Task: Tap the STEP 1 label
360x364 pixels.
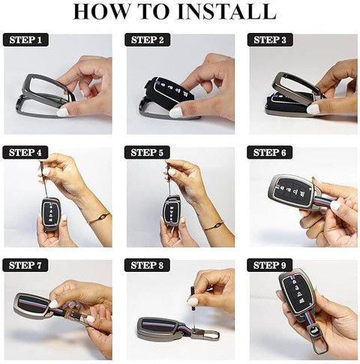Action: (x=25, y=40)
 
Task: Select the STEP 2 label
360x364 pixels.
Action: (x=148, y=40)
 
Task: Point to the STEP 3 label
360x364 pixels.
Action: (x=270, y=40)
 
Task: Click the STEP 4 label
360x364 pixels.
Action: (x=25, y=153)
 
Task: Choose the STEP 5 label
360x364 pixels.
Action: (x=147, y=153)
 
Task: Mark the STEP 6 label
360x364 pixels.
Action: (x=270, y=153)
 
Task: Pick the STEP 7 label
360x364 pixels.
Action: (x=25, y=265)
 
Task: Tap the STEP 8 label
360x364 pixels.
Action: (x=147, y=265)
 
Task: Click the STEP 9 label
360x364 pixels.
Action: (x=270, y=265)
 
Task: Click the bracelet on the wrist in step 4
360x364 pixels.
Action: (x=99, y=217)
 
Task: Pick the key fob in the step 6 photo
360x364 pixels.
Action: (x=291, y=192)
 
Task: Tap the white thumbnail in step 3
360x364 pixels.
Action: (x=313, y=109)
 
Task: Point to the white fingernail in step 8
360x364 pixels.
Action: (x=193, y=301)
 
